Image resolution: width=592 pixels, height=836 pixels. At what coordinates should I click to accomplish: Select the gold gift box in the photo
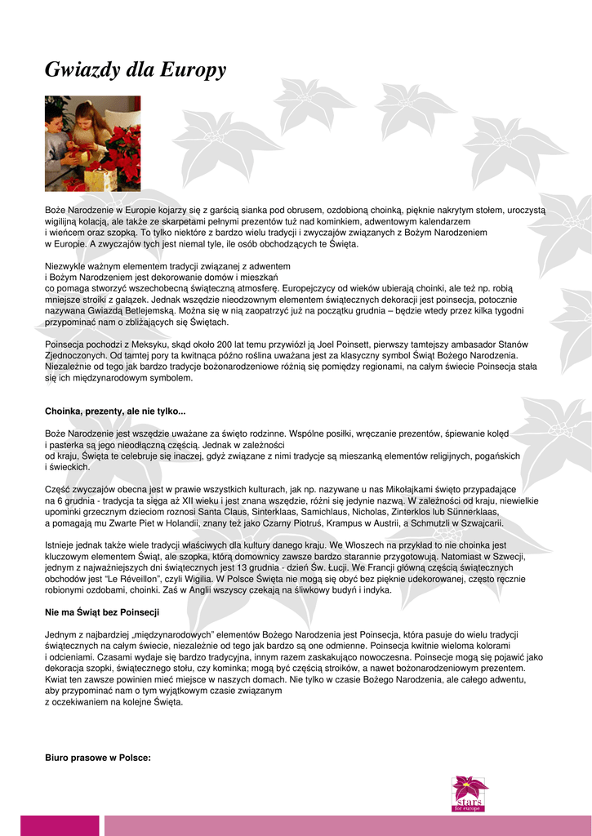pos(100,179)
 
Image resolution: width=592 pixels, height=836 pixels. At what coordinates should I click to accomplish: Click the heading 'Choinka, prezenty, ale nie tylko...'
pos(115,410)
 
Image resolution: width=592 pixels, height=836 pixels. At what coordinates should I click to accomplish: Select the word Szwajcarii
pos(483,523)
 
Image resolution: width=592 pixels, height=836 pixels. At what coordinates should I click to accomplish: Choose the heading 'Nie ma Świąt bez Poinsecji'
pos(102,611)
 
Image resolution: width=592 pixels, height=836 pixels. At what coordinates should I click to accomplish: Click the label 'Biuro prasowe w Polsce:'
pos(98,758)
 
